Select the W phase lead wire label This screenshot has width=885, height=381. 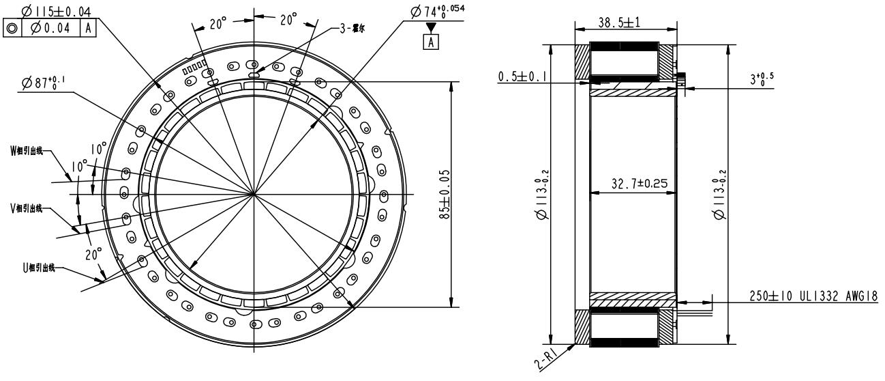pos(26,151)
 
